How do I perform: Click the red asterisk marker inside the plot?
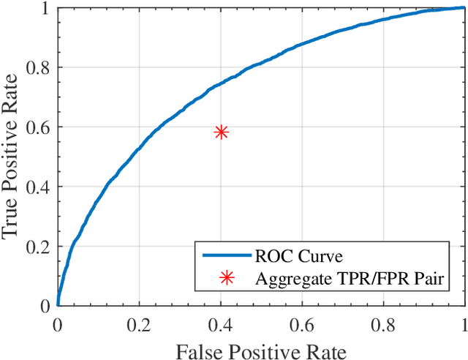(221, 132)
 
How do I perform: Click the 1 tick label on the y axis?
(45, 8)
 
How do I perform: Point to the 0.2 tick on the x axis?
(139, 323)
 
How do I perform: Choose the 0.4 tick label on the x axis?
(220, 323)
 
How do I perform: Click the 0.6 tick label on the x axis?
(302, 323)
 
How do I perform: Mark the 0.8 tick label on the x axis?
(383, 323)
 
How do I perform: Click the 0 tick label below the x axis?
(58, 323)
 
